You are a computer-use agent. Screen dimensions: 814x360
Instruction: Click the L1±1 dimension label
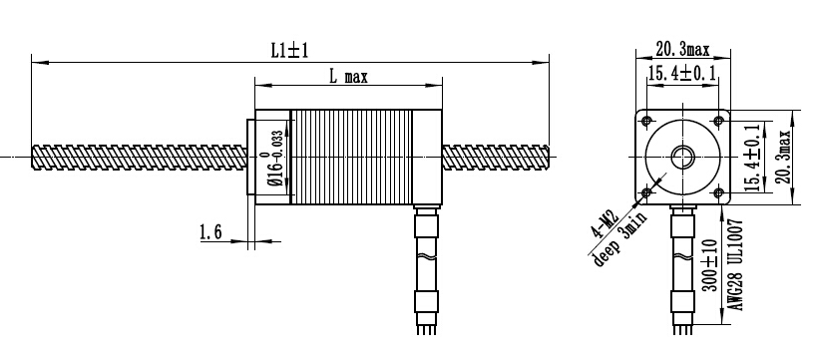tap(289, 50)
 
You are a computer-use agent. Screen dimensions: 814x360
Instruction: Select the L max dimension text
tap(348, 78)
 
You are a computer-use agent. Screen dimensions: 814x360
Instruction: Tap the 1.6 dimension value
tap(210, 232)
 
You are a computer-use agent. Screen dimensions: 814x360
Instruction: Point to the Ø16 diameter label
tap(276, 160)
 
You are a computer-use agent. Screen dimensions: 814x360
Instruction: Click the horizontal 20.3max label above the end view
tap(682, 49)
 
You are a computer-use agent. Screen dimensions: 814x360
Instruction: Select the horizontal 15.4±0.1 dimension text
tap(682, 73)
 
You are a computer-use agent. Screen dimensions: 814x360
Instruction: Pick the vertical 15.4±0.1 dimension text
tap(752, 157)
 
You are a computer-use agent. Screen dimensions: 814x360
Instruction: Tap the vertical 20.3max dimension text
tap(783, 157)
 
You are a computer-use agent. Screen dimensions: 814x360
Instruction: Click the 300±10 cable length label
tap(710, 265)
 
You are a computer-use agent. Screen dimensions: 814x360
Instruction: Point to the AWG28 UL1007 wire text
tap(737, 265)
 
